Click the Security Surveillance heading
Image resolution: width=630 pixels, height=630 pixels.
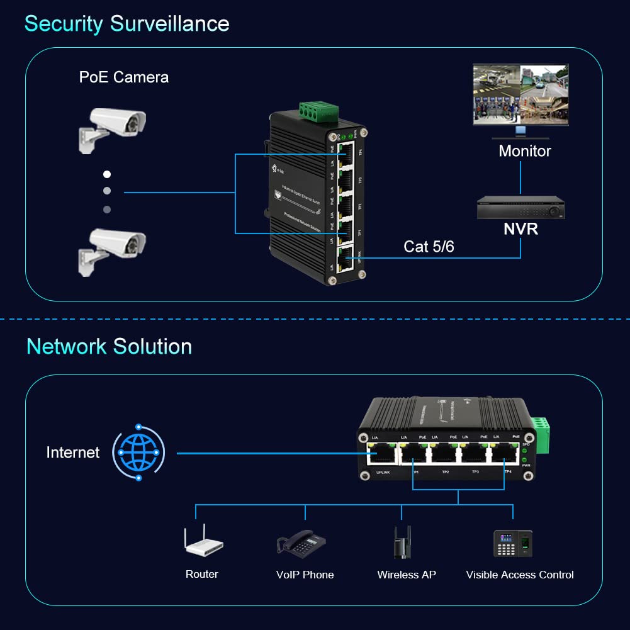[x=127, y=24]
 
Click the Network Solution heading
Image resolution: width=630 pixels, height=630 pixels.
[x=109, y=347]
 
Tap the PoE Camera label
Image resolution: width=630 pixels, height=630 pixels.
[x=124, y=77]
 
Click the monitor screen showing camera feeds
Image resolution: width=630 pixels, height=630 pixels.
[x=520, y=94]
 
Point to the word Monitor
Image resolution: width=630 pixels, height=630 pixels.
[x=524, y=151]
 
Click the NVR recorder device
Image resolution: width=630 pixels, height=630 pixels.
[x=520, y=207]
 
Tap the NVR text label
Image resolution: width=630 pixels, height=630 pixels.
[x=520, y=229]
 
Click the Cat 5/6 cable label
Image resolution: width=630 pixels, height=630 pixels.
[x=428, y=247]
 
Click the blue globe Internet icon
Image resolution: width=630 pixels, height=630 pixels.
[x=138, y=453]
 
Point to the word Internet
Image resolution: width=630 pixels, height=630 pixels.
[x=73, y=453]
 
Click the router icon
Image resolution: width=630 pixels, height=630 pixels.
[x=203, y=543]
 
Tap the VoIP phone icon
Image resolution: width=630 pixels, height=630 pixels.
[x=302, y=543]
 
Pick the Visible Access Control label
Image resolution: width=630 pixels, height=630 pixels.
[x=520, y=575]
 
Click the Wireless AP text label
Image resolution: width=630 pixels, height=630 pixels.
[x=406, y=575]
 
